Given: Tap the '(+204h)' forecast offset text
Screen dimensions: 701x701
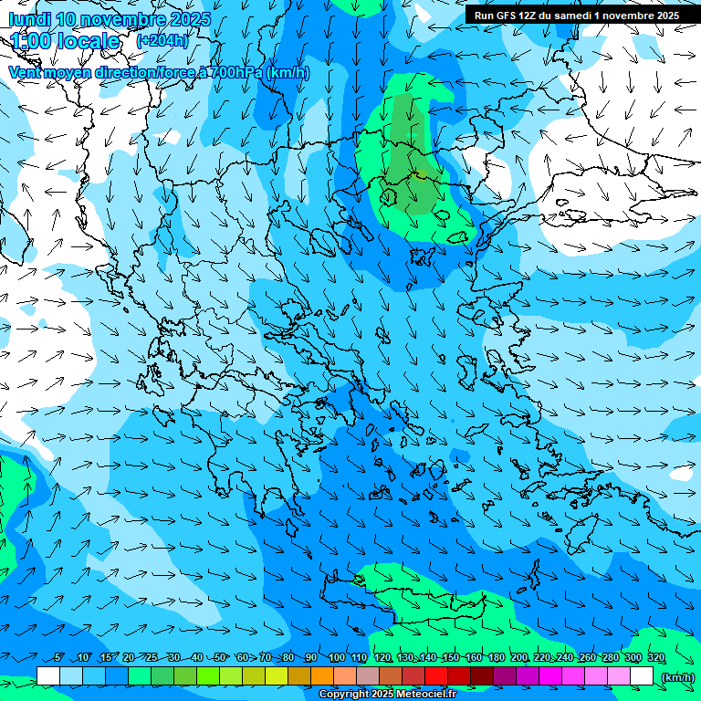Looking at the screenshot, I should click(162, 41).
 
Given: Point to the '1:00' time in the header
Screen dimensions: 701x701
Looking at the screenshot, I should click(31, 41).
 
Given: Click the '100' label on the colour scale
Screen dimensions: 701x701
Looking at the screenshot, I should click(337, 658).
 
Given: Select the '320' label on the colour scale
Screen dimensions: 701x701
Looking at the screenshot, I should click(655, 658).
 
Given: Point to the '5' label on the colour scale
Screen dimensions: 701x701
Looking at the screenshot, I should click(59, 658).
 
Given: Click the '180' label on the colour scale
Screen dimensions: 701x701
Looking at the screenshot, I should click(497, 658).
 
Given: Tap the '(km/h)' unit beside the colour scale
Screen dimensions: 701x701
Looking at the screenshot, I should click(677, 676).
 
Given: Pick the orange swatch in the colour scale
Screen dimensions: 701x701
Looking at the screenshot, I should click(322, 676).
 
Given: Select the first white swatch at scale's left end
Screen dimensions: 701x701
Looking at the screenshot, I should click(48, 676).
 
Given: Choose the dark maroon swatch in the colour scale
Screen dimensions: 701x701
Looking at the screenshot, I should click(482, 676).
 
